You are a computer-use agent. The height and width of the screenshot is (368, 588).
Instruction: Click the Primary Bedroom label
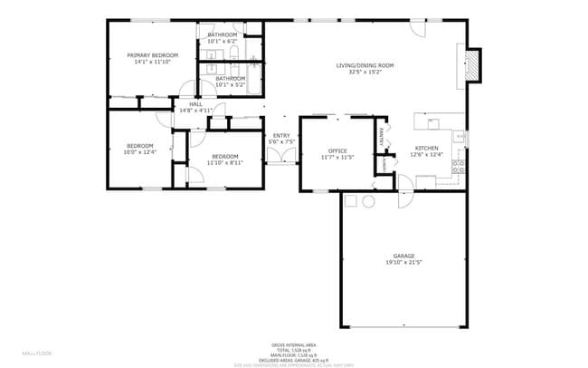[x=152, y=55]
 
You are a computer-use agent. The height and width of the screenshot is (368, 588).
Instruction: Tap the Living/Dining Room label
[x=365, y=65]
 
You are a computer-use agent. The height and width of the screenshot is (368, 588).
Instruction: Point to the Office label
[x=337, y=150]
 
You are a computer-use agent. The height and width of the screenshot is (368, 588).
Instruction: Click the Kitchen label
[x=427, y=148]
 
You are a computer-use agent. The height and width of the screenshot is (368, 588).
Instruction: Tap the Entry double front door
[x=281, y=156]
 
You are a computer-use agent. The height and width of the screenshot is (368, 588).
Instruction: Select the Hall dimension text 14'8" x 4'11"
[x=195, y=111]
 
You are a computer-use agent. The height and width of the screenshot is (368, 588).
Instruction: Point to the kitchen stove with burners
[x=460, y=167]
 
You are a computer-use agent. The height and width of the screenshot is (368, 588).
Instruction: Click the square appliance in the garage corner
[x=352, y=199]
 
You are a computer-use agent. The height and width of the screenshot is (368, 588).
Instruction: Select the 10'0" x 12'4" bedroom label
[x=140, y=152]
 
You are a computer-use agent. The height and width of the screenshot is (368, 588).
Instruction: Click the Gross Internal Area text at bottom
[x=293, y=345]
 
